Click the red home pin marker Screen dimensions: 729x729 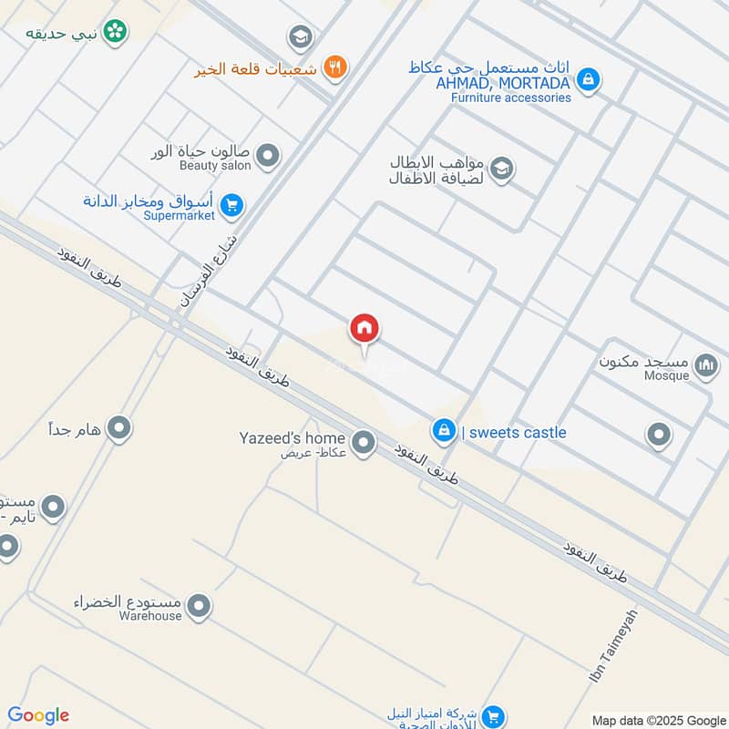pyautogui.click(x=364, y=329)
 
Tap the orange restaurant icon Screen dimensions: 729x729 pyautogui.click(x=335, y=67)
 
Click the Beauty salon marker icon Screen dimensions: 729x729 pyautogui.click(x=267, y=156)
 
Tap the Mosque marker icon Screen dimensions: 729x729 pyautogui.click(x=705, y=366)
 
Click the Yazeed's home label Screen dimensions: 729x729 pyautogui.click(x=292, y=438)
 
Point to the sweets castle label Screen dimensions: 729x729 pyautogui.click(x=514, y=433)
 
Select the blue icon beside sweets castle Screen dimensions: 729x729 pyautogui.click(x=444, y=430)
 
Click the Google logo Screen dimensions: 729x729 pyautogui.click(x=38, y=715)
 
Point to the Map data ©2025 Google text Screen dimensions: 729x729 pyautogui.click(x=658, y=719)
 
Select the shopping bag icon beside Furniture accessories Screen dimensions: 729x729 pyautogui.click(x=589, y=80)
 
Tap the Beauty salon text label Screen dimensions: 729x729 pyautogui.click(x=215, y=166)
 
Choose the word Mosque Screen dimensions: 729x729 pyautogui.click(x=667, y=375)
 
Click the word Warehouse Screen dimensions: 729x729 pyautogui.click(x=150, y=615)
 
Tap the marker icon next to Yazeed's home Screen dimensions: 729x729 pyautogui.click(x=363, y=443)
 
